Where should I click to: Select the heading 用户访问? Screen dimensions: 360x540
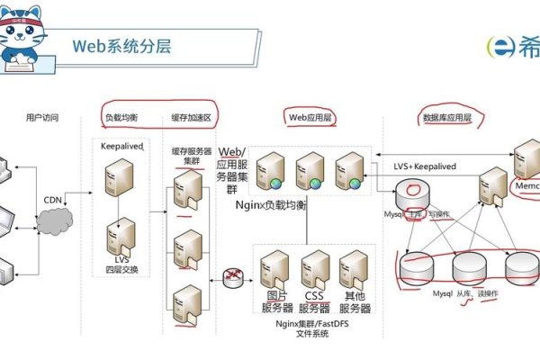tap(42, 118)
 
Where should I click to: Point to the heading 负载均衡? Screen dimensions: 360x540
tap(121, 118)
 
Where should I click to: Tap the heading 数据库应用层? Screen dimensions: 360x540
tap(447, 118)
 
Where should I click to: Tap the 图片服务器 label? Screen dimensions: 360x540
tap(277, 301)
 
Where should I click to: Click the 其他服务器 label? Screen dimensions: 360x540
tap(356, 301)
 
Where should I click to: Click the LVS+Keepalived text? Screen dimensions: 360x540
tap(426, 166)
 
